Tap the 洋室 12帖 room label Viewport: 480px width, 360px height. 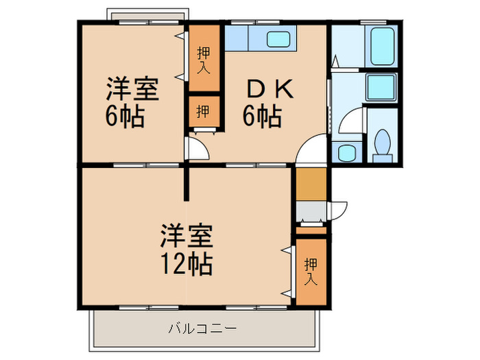[187, 248]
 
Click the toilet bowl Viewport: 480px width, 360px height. [383, 145]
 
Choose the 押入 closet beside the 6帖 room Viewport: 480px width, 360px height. [204, 58]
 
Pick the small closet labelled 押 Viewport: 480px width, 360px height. [204, 112]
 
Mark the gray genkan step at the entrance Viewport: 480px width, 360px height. [310, 211]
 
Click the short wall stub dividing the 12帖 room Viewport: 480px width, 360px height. [185, 182]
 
